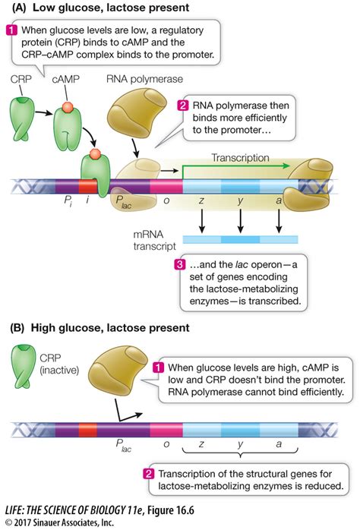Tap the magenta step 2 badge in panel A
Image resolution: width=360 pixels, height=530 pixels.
tap(183, 106)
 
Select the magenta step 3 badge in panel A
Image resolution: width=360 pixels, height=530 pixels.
tap(180, 265)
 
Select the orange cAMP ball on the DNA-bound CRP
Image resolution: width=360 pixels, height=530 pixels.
tap(96, 155)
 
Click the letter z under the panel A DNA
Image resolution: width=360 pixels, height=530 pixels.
tap(203, 200)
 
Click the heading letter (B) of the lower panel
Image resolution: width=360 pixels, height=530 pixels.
tap(16, 328)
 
